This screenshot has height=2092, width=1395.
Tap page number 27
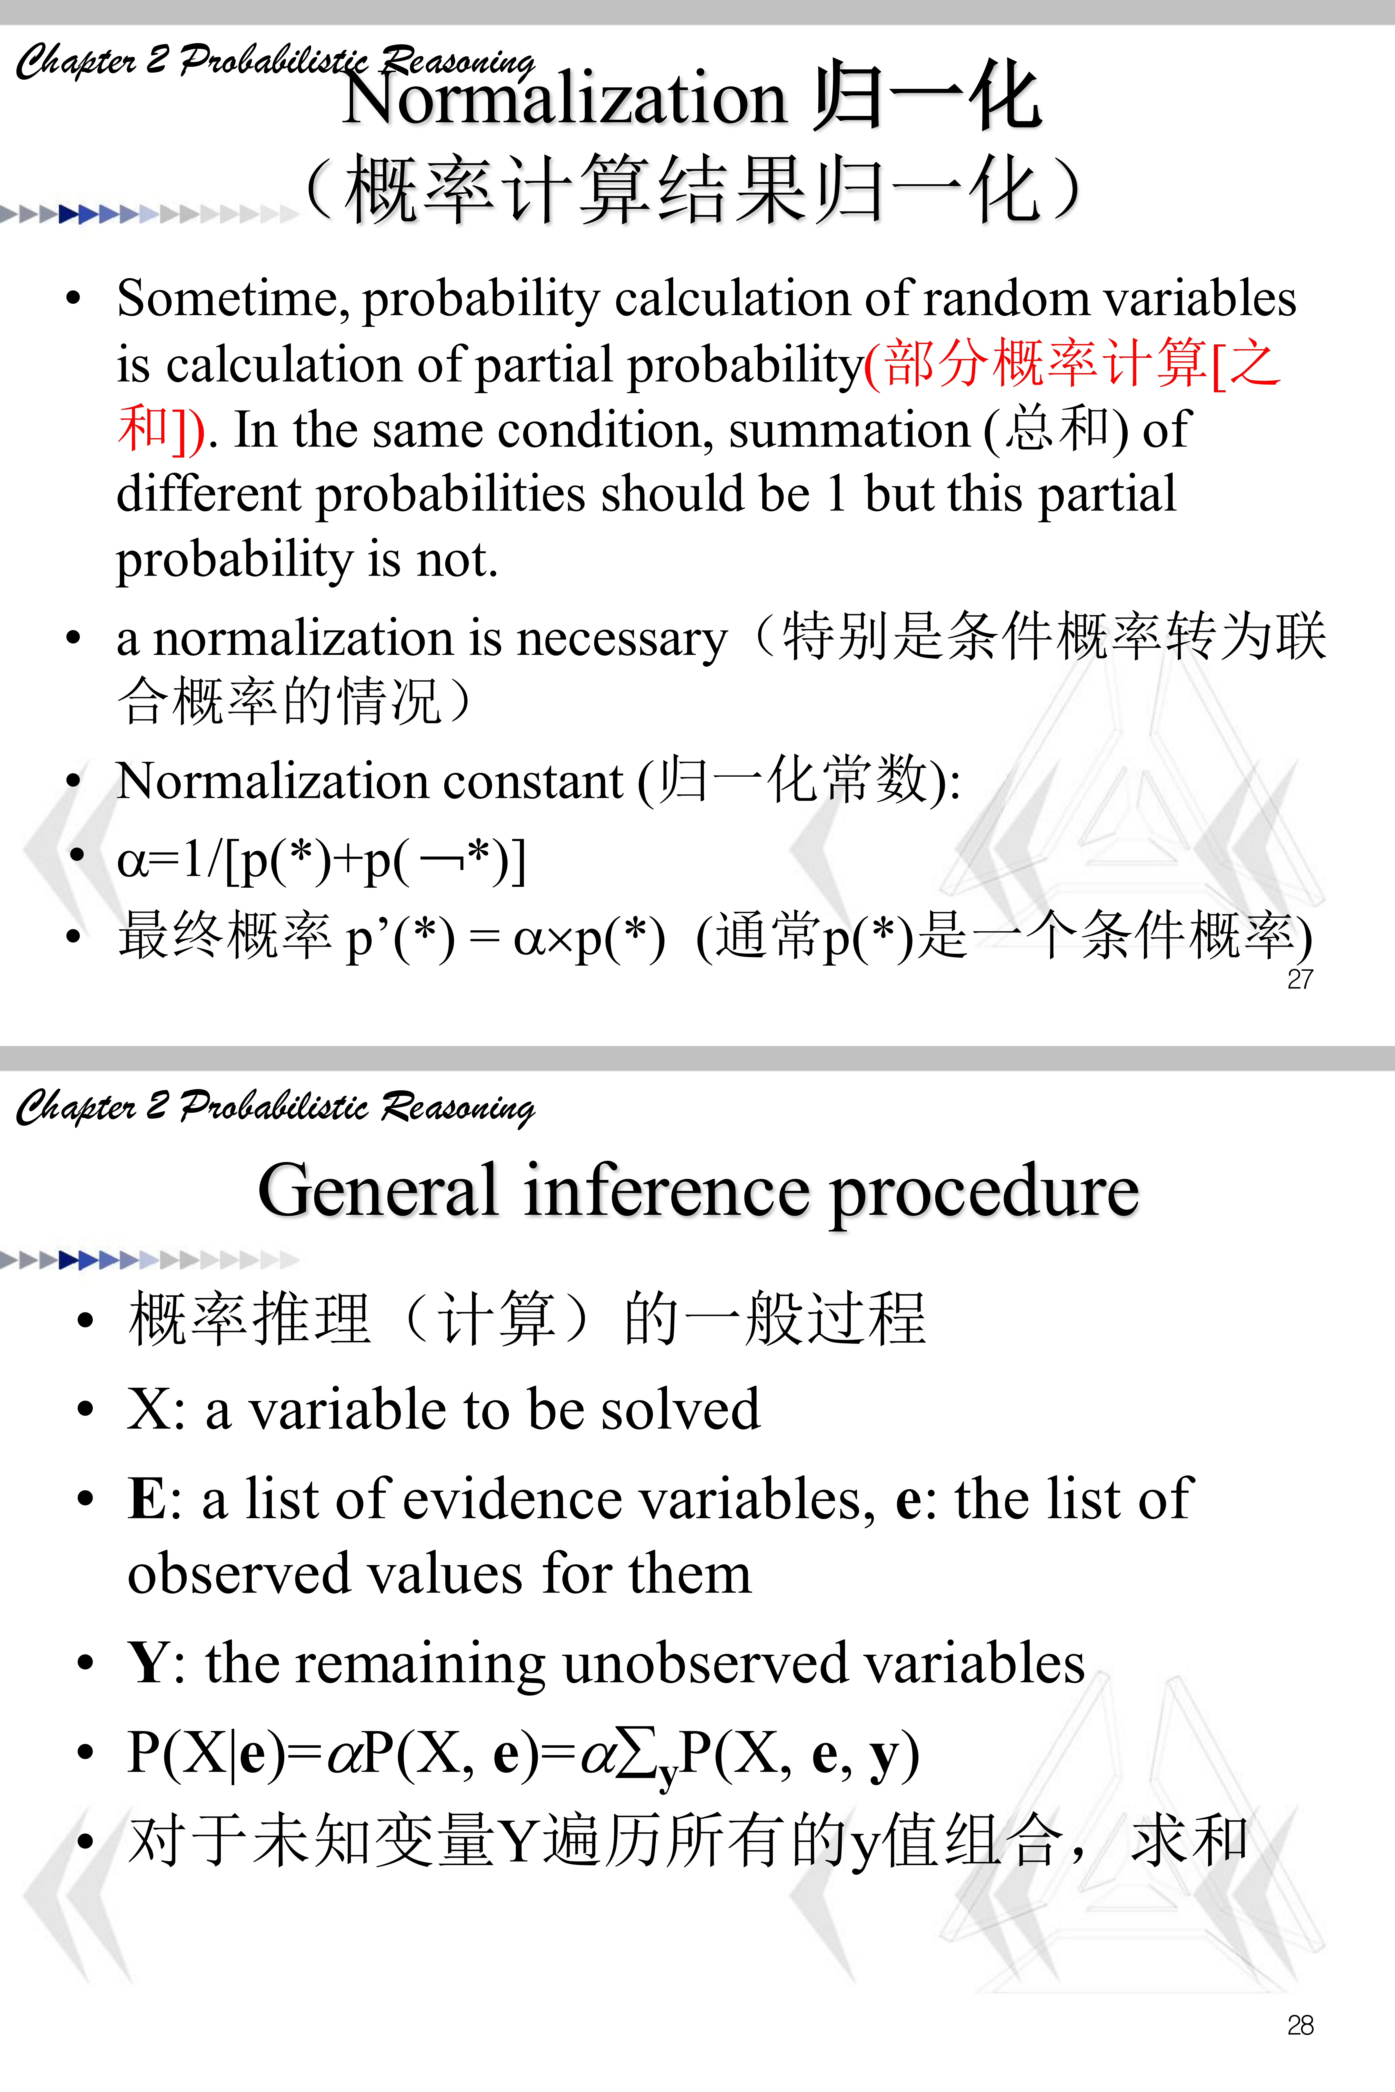tap(1300, 979)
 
